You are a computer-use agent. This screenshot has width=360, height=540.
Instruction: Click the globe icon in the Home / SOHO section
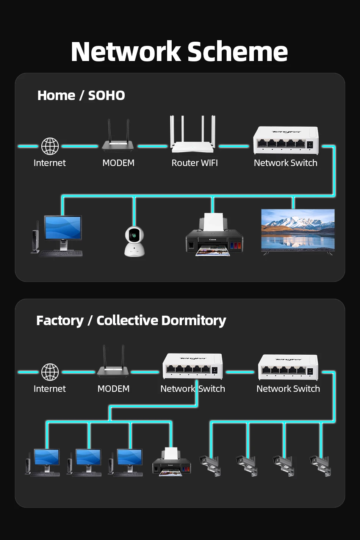pos(50,146)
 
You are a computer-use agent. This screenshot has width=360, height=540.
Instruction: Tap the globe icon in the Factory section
pos(50,372)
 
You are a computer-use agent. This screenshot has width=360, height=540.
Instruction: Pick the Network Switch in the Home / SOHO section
pos(286,140)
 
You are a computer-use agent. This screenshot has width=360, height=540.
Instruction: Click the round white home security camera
pos(134,241)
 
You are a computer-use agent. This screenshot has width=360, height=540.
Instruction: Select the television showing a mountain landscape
pos(298,231)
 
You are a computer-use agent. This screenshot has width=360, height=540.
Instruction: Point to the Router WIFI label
pos(194,163)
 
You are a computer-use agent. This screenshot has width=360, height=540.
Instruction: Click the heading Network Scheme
pos(179,52)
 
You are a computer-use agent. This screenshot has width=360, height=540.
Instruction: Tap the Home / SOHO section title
pos(81,95)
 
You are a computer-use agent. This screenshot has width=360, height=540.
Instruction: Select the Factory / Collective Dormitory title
pos(131,321)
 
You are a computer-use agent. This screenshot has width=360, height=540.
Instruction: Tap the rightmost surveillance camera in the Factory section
pos(321,465)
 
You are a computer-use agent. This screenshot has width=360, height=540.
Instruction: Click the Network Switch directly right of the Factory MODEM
pos(193,366)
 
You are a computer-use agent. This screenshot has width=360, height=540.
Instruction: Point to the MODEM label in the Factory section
pos(113,389)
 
